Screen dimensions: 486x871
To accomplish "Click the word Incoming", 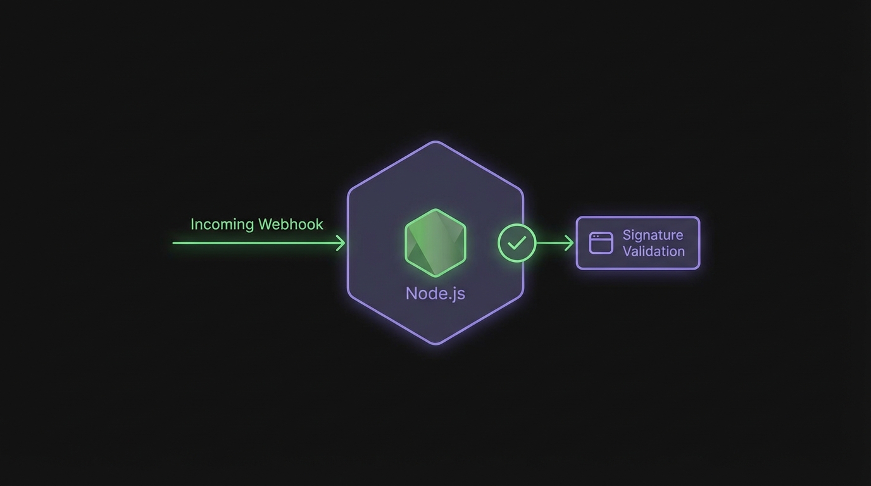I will (x=222, y=225).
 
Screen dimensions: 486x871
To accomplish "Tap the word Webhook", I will (x=291, y=224).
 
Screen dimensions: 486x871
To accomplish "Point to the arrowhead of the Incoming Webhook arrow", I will (x=342, y=243).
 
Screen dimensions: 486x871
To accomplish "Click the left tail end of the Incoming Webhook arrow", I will (x=174, y=243).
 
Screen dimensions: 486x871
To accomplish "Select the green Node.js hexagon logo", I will (x=435, y=243).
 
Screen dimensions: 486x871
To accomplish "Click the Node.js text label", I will (x=435, y=294).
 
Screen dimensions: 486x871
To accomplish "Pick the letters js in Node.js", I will (x=459, y=295).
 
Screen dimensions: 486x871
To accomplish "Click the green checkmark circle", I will (x=517, y=243).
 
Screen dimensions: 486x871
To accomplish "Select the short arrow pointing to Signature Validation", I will (x=555, y=243).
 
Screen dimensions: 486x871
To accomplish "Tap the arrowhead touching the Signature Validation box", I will (x=570, y=243).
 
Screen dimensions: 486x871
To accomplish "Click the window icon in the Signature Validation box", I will (x=601, y=243).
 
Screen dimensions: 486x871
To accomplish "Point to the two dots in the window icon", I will (x=596, y=236).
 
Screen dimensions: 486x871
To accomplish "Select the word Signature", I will (x=653, y=235).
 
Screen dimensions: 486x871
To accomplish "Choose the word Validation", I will (x=653, y=251).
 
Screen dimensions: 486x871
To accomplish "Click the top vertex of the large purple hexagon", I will (x=435, y=142).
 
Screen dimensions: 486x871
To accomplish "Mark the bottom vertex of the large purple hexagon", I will (x=435, y=344).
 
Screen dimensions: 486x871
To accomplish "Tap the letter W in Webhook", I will (x=265, y=224).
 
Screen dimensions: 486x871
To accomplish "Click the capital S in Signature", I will (x=627, y=235).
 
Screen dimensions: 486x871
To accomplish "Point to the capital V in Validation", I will (x=627, y=251).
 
